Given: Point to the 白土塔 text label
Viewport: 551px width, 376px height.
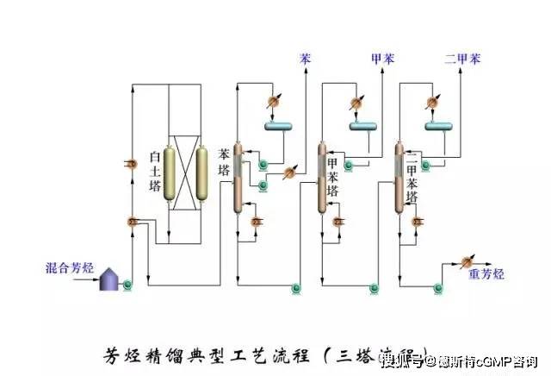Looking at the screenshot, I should pyautogui.click(x=155, y=171).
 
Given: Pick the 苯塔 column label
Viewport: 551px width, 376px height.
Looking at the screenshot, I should pyautogui.click(x=225, y=160).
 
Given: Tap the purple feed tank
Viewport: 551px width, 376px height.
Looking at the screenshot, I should pyautogui.click(x=109, y=278).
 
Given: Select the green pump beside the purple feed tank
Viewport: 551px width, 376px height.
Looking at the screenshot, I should pyautogui.click(x=127, y=282).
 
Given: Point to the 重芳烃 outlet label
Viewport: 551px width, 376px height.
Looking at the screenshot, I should pyautogui.click(x=486, y=274).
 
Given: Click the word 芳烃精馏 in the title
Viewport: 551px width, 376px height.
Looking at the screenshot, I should pyautogui.click(x=138, y=354).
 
